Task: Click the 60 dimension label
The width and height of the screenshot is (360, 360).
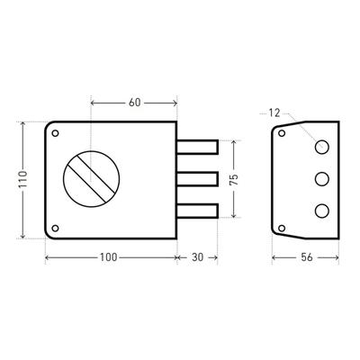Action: coord(134,103)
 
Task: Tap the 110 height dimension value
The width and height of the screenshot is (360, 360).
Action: coord(22,179)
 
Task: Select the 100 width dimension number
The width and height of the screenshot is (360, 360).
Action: coord(108,257)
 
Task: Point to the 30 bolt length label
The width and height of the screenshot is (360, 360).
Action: coord(197,257)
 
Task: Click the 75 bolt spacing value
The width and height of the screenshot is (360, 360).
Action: coord(234,179)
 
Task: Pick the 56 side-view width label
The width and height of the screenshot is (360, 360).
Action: coord(306,257)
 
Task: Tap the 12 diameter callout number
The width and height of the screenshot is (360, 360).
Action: coord(274,113)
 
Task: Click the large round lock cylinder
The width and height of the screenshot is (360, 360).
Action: coord(91,179)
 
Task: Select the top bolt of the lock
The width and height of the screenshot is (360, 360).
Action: coord(197,147)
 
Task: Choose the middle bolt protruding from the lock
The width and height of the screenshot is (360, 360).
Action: coord(197,179)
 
